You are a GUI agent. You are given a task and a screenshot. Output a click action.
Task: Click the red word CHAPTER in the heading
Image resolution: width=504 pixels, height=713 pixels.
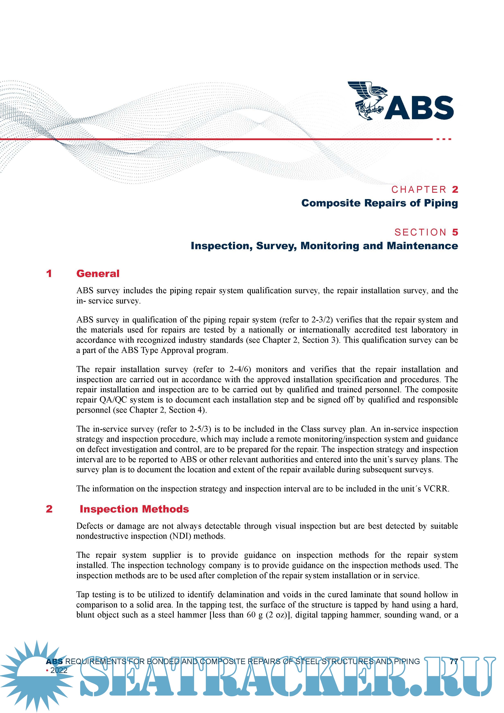click(419, 189)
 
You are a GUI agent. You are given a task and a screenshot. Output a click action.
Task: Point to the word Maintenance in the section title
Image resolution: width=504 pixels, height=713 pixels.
click(422, 246)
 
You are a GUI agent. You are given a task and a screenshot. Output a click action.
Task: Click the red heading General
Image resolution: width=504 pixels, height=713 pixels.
click(98, 274)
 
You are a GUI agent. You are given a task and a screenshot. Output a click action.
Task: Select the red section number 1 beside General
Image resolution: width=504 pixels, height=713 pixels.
click(49, 274)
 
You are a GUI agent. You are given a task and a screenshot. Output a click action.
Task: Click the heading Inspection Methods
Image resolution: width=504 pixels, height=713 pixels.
click(134, 509)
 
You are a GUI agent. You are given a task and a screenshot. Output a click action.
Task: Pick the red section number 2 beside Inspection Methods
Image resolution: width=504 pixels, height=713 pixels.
click(49, 509)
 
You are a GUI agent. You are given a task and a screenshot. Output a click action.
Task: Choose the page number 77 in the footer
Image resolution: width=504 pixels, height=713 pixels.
click(454, 661)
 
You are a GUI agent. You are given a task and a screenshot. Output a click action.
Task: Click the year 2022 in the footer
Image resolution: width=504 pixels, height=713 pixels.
click(59, 670)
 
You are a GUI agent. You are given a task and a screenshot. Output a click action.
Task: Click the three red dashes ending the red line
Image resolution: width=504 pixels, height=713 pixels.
click(443, 139)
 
